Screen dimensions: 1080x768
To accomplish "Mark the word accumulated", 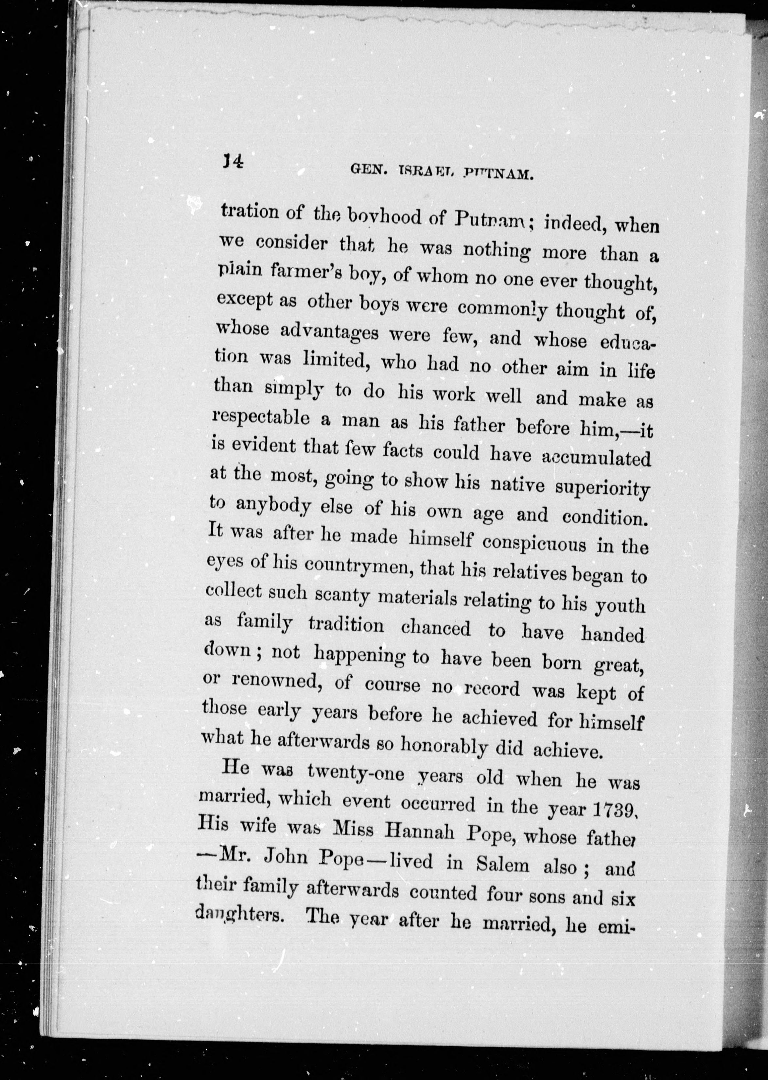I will pos(596,458).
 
